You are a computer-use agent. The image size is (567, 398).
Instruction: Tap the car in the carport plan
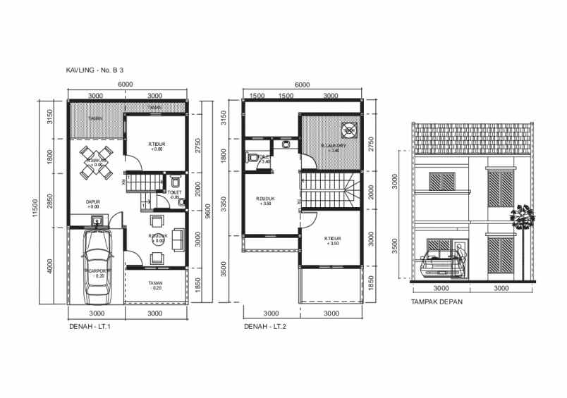97,261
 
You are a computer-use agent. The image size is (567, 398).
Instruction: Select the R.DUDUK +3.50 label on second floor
265,201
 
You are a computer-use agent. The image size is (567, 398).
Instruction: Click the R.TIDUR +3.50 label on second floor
331,241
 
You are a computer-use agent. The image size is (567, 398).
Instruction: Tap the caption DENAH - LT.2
264,327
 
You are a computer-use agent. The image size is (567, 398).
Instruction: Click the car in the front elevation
439,268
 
